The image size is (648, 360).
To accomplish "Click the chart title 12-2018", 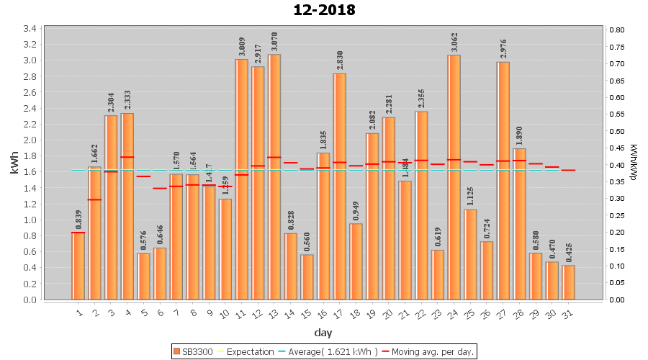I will [324, 10].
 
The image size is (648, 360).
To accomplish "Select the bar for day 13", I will [274, 176].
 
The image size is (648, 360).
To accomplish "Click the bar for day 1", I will [78, 266].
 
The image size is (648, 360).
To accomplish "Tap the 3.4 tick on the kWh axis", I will [31, 29].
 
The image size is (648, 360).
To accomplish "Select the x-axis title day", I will [323, 333].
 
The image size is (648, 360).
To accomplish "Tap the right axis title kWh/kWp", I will [634, 164].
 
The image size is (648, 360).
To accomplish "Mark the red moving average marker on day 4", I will [127, 157].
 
